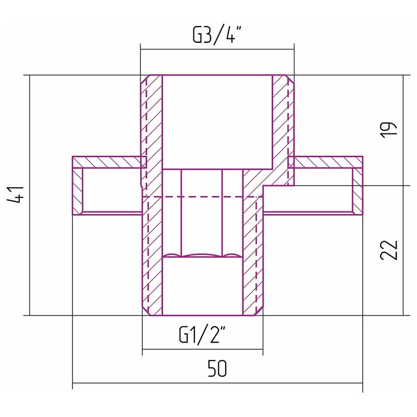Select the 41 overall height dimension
click(16, 195)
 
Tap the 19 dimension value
click(389, 130)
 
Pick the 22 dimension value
click(389, 250)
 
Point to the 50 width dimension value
click(217, 369)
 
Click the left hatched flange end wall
click(77, 191)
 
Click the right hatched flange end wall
click(358, 191)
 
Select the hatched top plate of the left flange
click(109, 162)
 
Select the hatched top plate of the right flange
click(325, 162)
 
